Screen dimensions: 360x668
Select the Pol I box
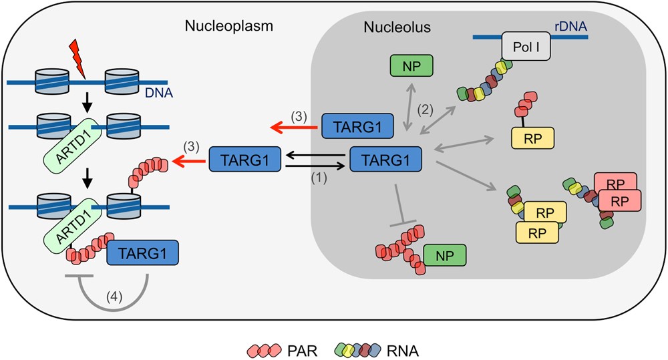coord(525,47)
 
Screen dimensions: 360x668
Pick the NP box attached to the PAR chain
coord(444,255)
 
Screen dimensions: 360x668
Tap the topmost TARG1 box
coord(356,126)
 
